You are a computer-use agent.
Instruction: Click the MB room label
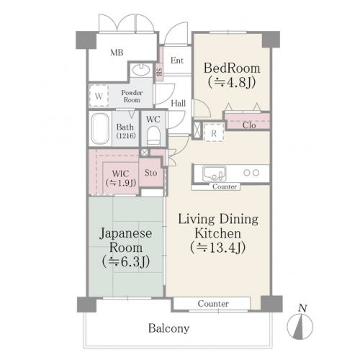tap(117, 53)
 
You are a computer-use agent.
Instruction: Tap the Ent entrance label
tap(177, 60)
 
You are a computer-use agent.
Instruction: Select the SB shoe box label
tap(159, 72)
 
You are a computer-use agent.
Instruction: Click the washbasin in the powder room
tap(141, 70)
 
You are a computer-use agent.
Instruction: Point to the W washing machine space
tap(99, 96)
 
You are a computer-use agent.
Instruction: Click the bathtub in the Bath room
tap(101, 129)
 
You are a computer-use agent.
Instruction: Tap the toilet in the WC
tap(153, 136)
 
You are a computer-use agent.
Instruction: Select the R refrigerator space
tap(214, 132)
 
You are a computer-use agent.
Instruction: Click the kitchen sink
tap(214, 174)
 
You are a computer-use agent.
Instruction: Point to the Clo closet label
tap(249, 125)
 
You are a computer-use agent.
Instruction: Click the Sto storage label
tap(150, 173)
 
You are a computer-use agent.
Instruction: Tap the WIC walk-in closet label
tap(121, 174)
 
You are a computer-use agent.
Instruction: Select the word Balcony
tap(168, 328)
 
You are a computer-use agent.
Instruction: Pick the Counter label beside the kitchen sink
tap(225, 186)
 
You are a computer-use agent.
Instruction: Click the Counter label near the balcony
tap(213, 304)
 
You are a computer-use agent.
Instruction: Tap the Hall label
tap(179, 103)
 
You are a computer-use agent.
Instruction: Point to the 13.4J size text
tap(218, 248)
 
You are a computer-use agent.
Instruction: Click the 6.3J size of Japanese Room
tap(126, 261)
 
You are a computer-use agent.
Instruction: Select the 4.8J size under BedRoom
tap(232, 83)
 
